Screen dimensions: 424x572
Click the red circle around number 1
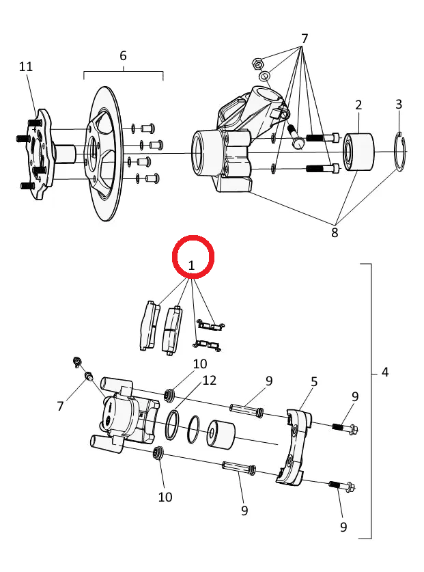(x=193, y=236)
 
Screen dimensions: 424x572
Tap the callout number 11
(x=26, y=67)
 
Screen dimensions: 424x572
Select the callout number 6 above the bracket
(x=123, y=56)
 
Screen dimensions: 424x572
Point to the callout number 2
(x=358, y=105)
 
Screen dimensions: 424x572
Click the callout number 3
(x=399, y=105)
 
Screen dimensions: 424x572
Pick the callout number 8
(x=335, y=233)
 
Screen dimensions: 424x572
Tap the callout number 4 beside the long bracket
(x=385, y=372)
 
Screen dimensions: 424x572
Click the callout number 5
(x=314, y=382)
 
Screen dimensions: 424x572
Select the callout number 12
(x=209, y=381)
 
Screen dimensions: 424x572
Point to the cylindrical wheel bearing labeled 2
(x=358, y=152)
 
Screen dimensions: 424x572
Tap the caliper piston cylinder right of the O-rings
(x=221, y=434)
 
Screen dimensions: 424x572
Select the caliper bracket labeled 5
(x=294, y=448)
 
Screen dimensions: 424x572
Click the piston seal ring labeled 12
(x=172, y=424)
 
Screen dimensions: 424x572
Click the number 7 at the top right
(x=305, y=39)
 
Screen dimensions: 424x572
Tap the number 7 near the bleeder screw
(x=61, y=406)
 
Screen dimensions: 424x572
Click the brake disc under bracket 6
(x=104, y=154)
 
